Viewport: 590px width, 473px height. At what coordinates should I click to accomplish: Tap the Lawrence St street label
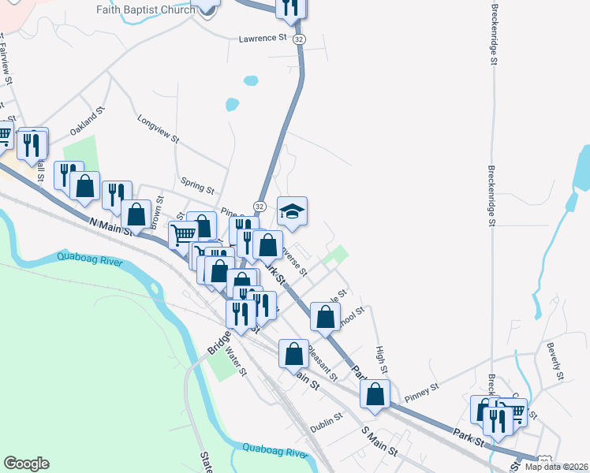pos(263,38)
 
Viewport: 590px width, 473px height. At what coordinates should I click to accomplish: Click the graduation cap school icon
pos(292,211)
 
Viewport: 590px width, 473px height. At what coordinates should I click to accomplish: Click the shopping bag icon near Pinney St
pos(376,393)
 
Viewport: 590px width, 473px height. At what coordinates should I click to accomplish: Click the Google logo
pos(26,464)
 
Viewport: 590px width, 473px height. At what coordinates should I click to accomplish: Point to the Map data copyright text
pos(557,467)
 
